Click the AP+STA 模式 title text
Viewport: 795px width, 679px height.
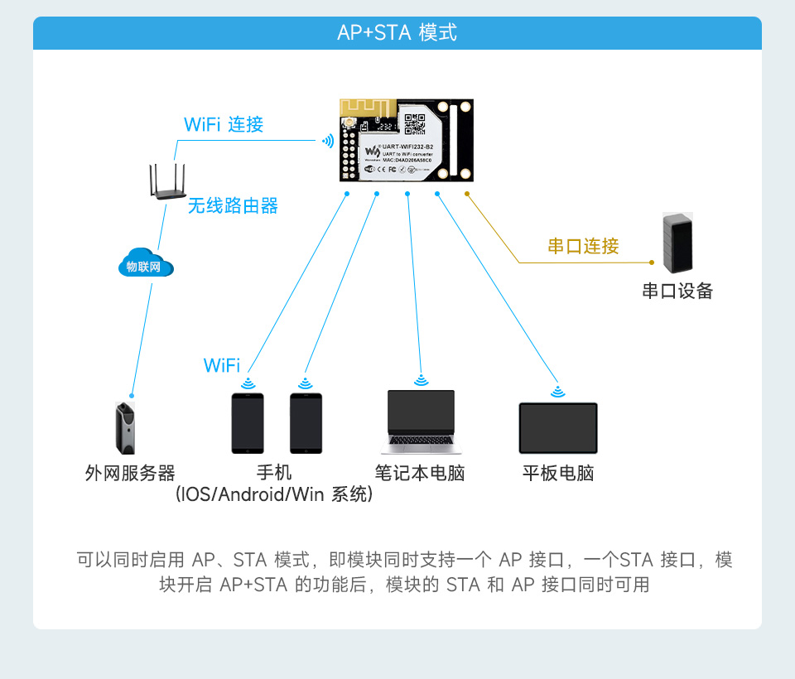click(x=397, y=33)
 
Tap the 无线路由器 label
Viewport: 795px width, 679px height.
click(x=233, y=206)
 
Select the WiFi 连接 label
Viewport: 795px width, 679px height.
click(x=224, y=125)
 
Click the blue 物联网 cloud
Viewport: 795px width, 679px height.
click(x=145, y=265)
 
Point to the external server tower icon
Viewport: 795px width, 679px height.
click(x=124, y=427)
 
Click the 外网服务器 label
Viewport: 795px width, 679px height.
click(x=130, y=474)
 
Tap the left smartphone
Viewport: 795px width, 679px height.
click(x=247, y=422)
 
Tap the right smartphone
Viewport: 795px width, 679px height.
click(x=305, y=422)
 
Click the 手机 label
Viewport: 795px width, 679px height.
click(x=274, y=473)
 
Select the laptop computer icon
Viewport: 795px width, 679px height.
click(x=422, y=421)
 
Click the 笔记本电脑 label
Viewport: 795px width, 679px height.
click(x=420, y=474)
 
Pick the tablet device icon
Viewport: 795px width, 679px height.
click(x=558, y=427)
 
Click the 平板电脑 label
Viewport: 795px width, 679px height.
click(x=558, y=474)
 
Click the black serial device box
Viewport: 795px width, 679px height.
click(x=677, y=243)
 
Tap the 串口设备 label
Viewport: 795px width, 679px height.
click(x=677, y=291)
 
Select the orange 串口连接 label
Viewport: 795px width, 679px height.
click(x=583, y=247)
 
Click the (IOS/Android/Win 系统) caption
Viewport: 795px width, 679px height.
click(x=274, y=495)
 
